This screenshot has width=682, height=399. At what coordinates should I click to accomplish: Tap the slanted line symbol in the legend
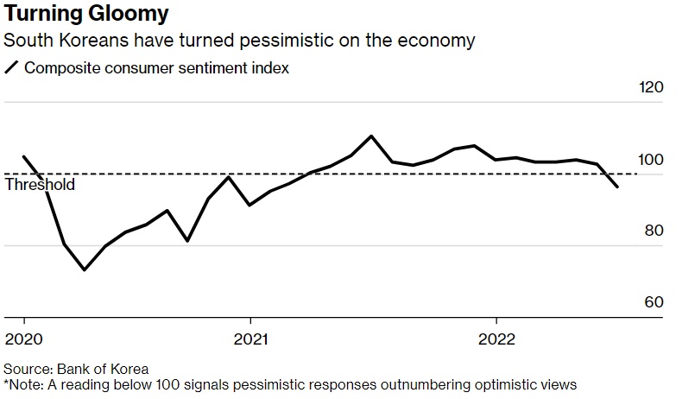[12, 68]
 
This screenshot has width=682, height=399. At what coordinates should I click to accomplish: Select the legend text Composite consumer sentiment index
[156, 68]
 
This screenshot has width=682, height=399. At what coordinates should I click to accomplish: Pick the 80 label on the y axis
[654, 231]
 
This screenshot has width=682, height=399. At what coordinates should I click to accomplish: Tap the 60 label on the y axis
[654, 302]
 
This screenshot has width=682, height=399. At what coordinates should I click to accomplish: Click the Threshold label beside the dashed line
[41, 185]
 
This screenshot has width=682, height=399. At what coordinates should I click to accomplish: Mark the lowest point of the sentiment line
[84, 269]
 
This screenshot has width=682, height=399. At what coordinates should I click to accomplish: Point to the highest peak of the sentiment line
[371, 136]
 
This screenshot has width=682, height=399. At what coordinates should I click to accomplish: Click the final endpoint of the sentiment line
[617, 187]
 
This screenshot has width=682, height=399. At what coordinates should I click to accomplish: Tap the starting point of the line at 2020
[23, 157]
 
